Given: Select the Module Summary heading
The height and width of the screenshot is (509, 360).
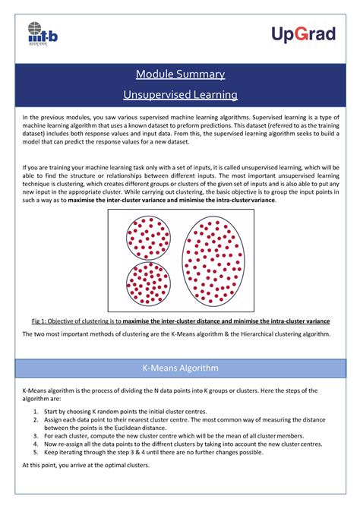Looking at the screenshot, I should pos(180,74).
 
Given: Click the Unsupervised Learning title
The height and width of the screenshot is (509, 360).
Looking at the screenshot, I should pos(180,94).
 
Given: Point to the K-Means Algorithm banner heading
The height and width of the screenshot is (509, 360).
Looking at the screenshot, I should pos(180,368).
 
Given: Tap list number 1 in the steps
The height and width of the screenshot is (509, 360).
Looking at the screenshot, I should pos(36,410).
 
